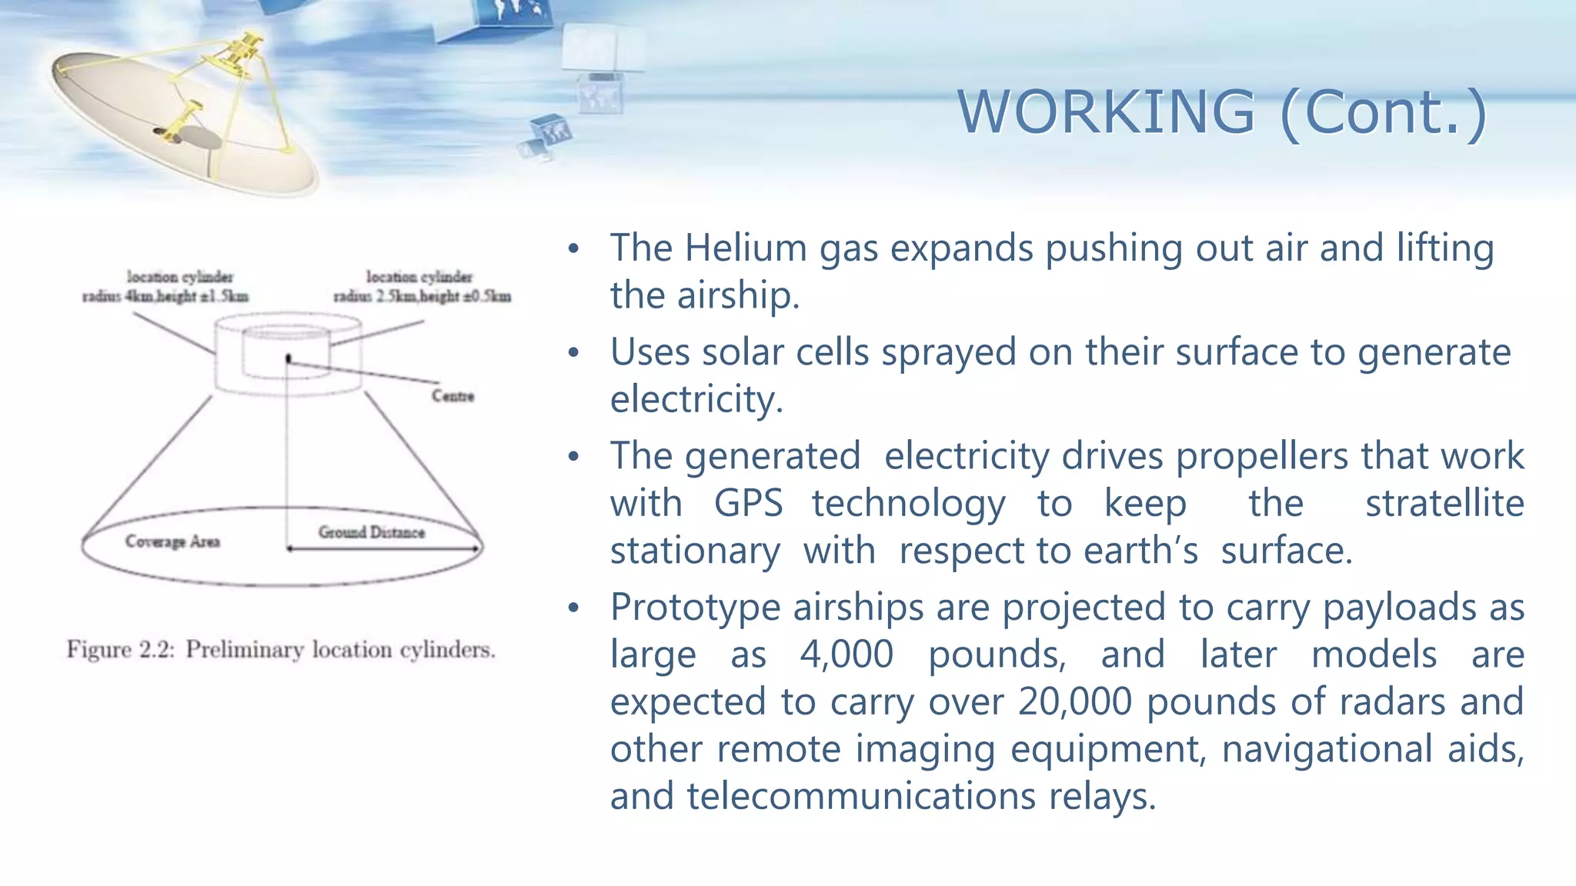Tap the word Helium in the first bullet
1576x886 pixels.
744,248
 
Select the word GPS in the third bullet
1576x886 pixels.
748,504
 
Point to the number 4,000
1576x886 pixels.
846,655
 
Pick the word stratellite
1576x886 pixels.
1444,504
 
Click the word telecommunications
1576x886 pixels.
861,796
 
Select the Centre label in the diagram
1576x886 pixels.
452,396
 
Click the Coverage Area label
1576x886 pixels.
172,541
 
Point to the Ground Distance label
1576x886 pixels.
371,532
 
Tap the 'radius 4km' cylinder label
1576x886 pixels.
165,296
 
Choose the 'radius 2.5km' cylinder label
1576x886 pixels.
422,296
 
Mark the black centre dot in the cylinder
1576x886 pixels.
289,358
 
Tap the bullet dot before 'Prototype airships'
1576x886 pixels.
573,608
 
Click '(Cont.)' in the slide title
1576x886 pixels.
1383,112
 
